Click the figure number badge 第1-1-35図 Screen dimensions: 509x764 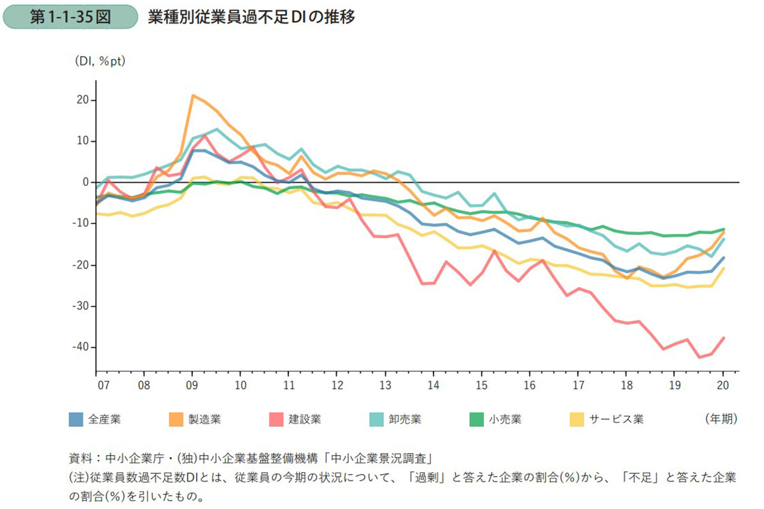[x=70, y=17]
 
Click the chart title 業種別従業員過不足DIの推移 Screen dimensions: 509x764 [x=251, y=17]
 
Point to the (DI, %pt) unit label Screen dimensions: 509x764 [x=101, y=61]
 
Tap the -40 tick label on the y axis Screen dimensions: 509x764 [x=81, y=347]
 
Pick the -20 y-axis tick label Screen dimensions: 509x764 [x=81, y=265]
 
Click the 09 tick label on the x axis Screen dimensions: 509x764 [x=192, y=385]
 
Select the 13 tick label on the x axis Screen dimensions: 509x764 [x=385, y=385]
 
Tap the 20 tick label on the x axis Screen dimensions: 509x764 [x=723, y=385]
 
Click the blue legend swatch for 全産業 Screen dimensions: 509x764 [x=76, y=419]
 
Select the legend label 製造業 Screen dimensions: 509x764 [x=205, y=419]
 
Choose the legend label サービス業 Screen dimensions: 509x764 [x=616, y=419]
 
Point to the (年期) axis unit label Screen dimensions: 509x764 [x=721, y=419]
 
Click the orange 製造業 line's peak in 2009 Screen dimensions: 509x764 [x=193, y=95]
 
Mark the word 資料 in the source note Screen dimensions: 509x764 [x=80, y=458]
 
